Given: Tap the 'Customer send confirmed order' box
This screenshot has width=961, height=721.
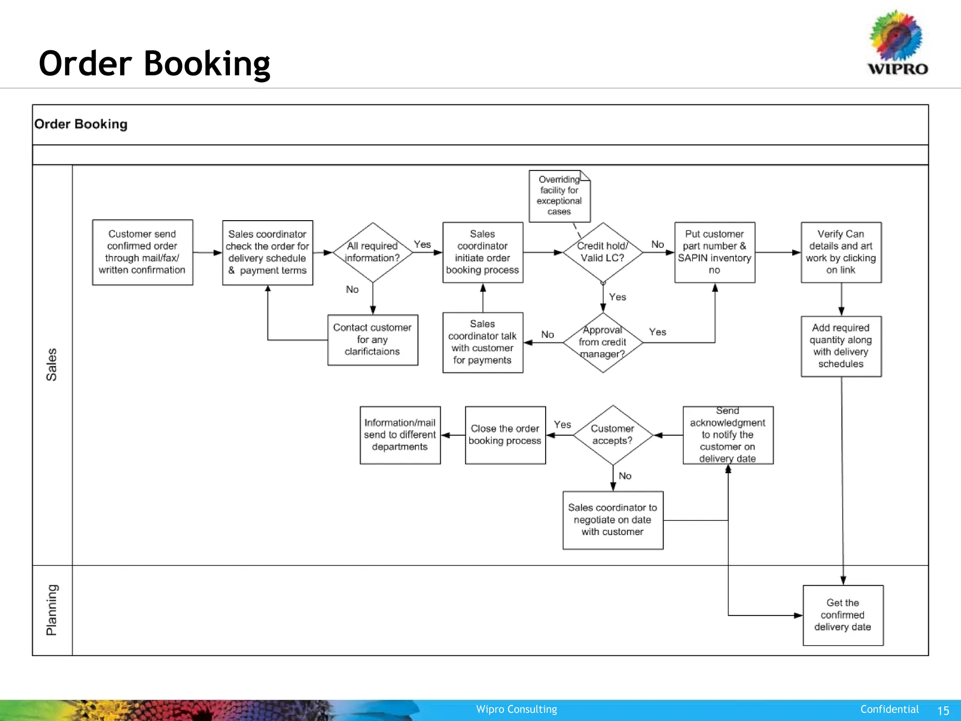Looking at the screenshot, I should [x=142, y=252].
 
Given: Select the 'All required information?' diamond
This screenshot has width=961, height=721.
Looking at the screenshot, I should [x=373, y=252].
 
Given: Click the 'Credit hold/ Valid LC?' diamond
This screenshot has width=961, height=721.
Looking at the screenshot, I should [x=603, y=252].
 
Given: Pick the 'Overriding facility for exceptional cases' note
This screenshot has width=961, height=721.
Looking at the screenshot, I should [x=559, y=196].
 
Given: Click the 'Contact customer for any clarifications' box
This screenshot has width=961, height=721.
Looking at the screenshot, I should [x=373, y=339].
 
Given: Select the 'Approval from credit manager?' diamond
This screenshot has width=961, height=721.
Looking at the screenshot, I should [x=603, y=342].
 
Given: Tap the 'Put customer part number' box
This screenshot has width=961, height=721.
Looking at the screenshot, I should [x=714, y=252].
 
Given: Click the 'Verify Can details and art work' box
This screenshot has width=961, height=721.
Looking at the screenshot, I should [x=841, y=252].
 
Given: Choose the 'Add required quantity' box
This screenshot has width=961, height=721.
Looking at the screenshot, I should [x=841, y=346].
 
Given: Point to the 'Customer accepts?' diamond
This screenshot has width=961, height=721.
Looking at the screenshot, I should [x=612, y=435].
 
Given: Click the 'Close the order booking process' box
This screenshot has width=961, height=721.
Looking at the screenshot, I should [x=505, y=435].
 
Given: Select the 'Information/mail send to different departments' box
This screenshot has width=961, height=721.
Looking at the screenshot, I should [x=400, y=435].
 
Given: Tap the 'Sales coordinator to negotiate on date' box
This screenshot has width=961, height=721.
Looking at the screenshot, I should [x=612, y=520].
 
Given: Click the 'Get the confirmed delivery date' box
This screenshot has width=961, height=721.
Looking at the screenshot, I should [x=843, y=615].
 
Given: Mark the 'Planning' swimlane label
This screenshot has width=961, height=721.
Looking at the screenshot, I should [x=52, y=610].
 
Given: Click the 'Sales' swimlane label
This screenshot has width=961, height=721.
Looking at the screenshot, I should [x=52, y=364].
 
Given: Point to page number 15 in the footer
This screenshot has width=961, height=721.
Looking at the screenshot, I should [x=943, y=710].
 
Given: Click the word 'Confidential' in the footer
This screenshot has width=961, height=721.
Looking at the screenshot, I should [x=889, y=709].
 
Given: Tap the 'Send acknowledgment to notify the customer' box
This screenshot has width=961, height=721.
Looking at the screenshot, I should [x=727, y=435].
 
